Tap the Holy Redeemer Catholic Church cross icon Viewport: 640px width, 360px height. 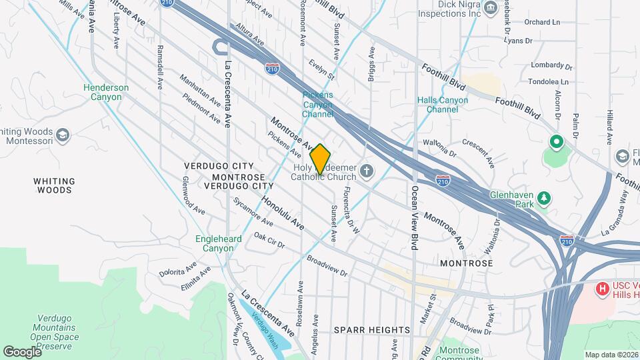(x=365, y=173)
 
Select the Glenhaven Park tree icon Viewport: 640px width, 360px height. (x=545, y=198)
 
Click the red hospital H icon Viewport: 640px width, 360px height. (x=602, y=289)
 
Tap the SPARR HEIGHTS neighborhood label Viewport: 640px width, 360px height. (x=372, y=330)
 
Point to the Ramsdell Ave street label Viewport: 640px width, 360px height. (x=160, y=68)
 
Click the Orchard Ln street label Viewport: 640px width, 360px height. (x=541, y=22)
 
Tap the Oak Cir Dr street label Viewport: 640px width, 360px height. (x=269, y=241)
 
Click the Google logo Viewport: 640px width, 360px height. (x=22, y=351)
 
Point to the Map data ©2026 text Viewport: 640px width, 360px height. (x=611, y=355)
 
